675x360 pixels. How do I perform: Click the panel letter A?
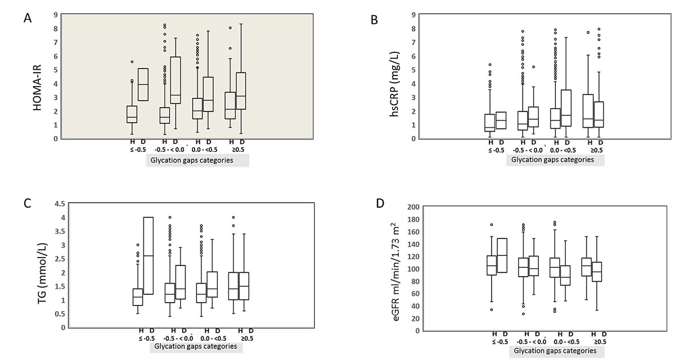[26, 18]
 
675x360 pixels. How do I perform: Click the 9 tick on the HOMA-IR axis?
[54, 15]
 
